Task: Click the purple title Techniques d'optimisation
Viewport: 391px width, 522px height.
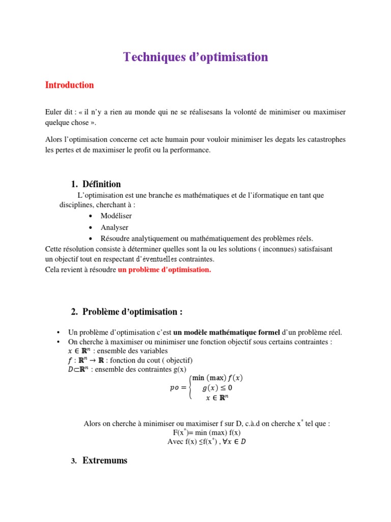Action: (x=195, y=57)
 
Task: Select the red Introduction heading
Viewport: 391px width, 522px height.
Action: (x=69, y=85)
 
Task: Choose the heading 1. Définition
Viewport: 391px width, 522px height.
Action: (x=96, y=184)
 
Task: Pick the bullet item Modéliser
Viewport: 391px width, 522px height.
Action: (x=116, y=216)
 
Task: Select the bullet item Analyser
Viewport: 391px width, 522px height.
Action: (x=114, y=227)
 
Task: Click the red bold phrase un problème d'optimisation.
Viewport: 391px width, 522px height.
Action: (x=164, y=270)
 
